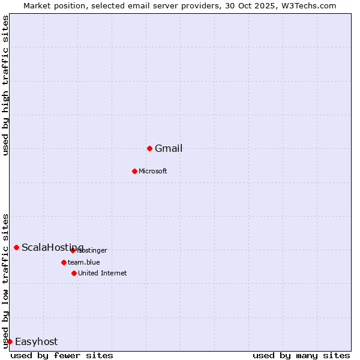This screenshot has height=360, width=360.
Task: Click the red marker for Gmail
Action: pos(149,148)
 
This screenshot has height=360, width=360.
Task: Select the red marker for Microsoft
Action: pos(134,171)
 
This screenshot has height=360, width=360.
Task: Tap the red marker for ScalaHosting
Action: pos(16,247)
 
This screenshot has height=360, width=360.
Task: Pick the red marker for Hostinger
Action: pos(73,250)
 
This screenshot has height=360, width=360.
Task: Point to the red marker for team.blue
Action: pos(64,262)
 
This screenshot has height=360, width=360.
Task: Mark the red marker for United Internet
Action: pos(74,273)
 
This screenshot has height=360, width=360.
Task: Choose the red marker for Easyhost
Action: pos(10,341)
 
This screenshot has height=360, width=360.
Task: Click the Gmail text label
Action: pos(169,149)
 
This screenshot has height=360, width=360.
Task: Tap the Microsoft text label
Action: pos(153,172)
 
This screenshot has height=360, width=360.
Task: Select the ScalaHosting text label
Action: pos(53,248)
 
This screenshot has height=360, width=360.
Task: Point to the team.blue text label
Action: pos(84,262)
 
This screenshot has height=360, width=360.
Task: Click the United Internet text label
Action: pos(103,274)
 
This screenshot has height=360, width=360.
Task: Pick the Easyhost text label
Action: pos(37,342)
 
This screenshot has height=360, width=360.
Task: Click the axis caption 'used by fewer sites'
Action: pos(62,355)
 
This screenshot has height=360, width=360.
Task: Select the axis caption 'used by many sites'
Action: pos(301,355)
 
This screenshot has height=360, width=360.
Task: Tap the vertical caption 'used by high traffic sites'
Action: pos(5,85)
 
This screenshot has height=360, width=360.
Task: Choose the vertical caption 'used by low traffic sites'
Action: pos(5,281)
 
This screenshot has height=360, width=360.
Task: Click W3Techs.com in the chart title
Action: pos(308,5)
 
